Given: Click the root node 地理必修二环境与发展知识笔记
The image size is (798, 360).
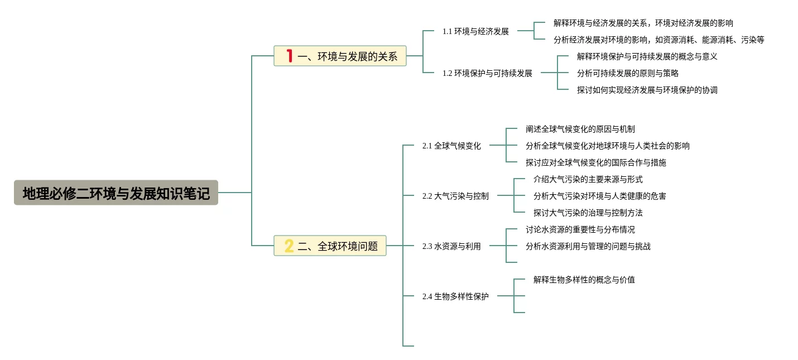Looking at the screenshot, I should coord(116,193).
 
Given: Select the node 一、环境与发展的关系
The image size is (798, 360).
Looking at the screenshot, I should coord(340,56).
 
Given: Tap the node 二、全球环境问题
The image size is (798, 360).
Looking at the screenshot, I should coord(330,246).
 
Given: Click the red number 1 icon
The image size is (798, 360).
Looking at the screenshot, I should coord(289,56).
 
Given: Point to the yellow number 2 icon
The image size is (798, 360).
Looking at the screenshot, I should coord(289,246).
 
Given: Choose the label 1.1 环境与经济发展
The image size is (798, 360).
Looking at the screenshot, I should coord(475,31).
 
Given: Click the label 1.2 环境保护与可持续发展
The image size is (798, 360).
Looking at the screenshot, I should coord(487,73).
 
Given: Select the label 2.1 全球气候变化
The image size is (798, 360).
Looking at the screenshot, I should coord(451,146).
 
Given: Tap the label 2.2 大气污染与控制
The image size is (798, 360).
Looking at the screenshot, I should coord(455,196).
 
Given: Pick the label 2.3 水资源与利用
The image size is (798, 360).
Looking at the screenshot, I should coord(451,246).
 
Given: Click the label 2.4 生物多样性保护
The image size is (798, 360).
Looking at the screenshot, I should coord(455,296).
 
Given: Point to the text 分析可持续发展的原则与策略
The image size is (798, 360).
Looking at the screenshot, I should coord(627,73).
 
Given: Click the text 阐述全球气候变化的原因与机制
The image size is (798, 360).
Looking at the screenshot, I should coord(580,129).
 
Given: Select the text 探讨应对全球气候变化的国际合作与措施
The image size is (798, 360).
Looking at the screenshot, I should coord(595,162).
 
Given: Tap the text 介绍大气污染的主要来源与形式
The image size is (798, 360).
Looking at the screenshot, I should coord(588,179).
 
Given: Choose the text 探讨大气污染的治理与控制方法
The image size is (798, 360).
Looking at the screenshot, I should coord(588,213).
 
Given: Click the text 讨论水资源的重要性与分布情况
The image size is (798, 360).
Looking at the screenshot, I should coord(580,229).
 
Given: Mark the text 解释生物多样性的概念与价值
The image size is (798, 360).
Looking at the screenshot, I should coord(584,280).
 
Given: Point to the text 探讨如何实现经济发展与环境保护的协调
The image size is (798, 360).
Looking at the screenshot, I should coord(647,90).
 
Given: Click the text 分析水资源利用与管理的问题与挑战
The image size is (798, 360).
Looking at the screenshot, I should coord(588,246).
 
